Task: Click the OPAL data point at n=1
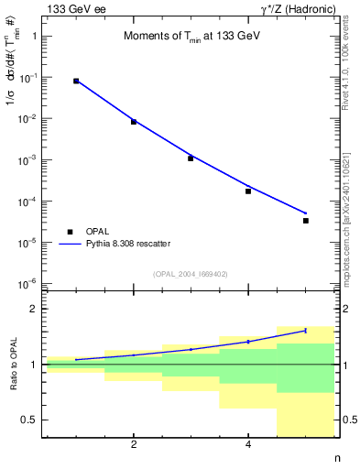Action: (x=76, y=82)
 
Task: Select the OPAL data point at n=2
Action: (x=134, y=122)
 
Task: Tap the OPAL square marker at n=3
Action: (x=191, y=158)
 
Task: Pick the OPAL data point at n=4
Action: (x=248, y=191)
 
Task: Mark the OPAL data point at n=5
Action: (x=306, y=221)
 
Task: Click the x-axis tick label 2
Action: (x=134, y=446)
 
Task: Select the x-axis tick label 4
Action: (x=248, y=446)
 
